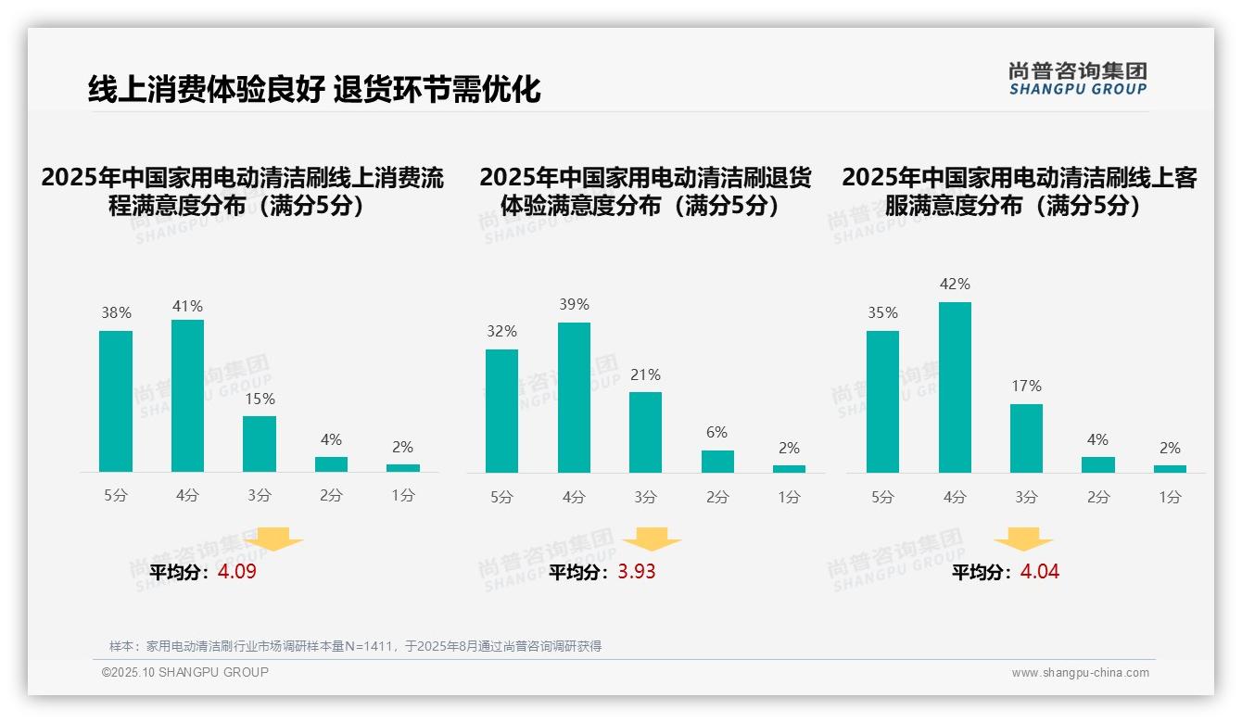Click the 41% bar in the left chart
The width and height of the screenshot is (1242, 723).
tap(187, 396)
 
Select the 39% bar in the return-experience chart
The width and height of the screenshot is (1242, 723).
tap(574, 398)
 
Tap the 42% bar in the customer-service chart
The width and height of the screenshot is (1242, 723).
tap(955, 387)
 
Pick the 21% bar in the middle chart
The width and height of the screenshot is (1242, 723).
tap(645, 432)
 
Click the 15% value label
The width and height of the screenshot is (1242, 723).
tap(260, 400)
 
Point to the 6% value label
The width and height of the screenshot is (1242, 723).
tap(716, 433)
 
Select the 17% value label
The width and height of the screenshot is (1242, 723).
tap(1026, 387)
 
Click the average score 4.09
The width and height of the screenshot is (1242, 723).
tap(237, 572)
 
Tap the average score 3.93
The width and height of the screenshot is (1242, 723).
tap(637, 572)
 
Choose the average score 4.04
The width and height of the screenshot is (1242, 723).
tap(1040, 572)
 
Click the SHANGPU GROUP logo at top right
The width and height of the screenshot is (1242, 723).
tap(1078, 79)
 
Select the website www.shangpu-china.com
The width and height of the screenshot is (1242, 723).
tap(1080, 673)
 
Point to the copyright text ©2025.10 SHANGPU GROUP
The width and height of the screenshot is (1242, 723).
tap(185, 672)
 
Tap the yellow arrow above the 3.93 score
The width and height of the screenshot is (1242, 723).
tap(652, 540)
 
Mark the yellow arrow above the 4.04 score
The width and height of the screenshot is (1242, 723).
tap(1023, 540)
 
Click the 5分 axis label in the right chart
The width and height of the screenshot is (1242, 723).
tap(882, 498)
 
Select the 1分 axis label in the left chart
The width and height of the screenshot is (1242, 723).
tap(403, 496)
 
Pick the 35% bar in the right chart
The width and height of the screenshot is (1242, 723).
tap(882, 401)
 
